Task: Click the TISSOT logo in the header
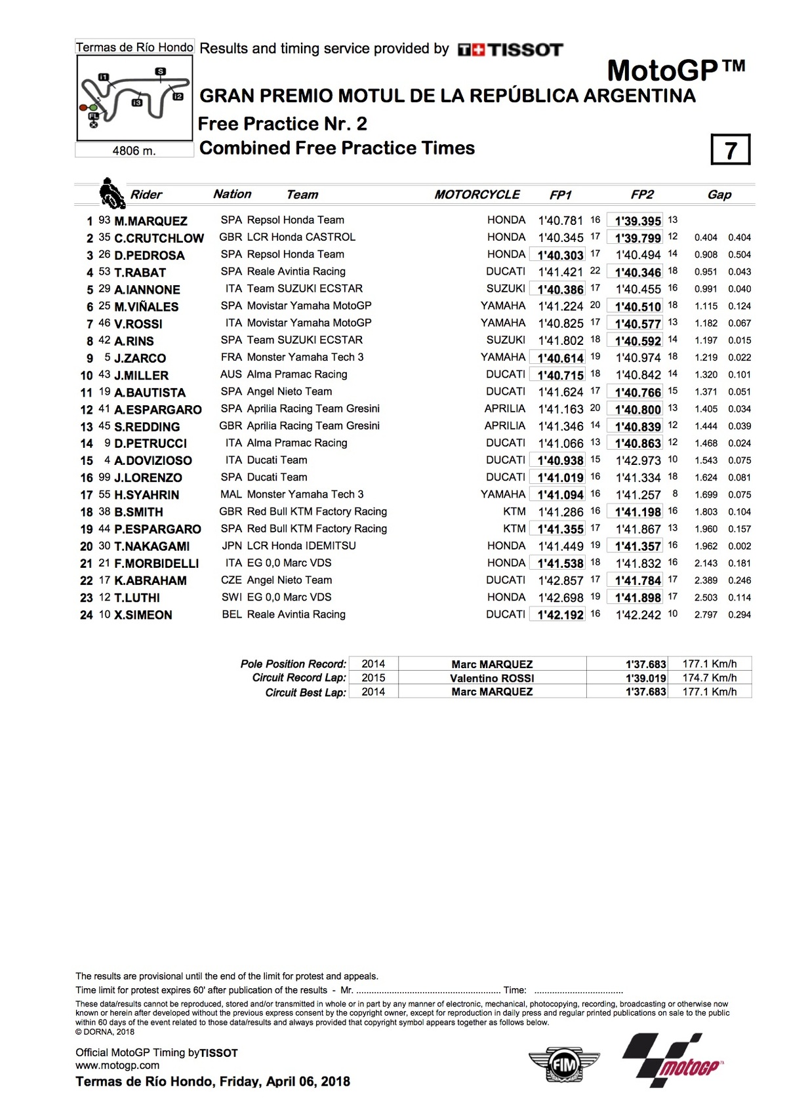click(x=510, y=50)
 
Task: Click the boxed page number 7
click(x=730, y=150)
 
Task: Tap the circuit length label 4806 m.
click(x=134, y=151)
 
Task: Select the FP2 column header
click(x=642, y=195)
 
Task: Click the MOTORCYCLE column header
click(x=477, y=195)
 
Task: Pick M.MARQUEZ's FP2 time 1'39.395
click(x=637, y=221)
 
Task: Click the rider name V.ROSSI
click(x=138, y=324)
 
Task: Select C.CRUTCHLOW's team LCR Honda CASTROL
click(x=301, y=237)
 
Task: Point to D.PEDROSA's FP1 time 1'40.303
click(x=560, y=255)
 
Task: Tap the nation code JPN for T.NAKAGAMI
click(x=232, y=546)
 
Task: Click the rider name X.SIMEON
click(x=143, y=615)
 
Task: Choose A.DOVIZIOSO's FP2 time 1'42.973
click(x=637, y=460)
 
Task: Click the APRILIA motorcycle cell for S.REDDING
click(x=504, y=426)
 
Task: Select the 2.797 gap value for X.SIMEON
click(x=706, y=615)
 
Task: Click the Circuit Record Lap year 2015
click(x=373, y=678)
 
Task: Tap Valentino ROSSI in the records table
click(x=492, y=678)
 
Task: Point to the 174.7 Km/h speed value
click(x=709, y=678)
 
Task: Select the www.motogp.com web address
click(x=117, y=1065)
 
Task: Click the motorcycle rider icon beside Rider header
click(x=111, y=193)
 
